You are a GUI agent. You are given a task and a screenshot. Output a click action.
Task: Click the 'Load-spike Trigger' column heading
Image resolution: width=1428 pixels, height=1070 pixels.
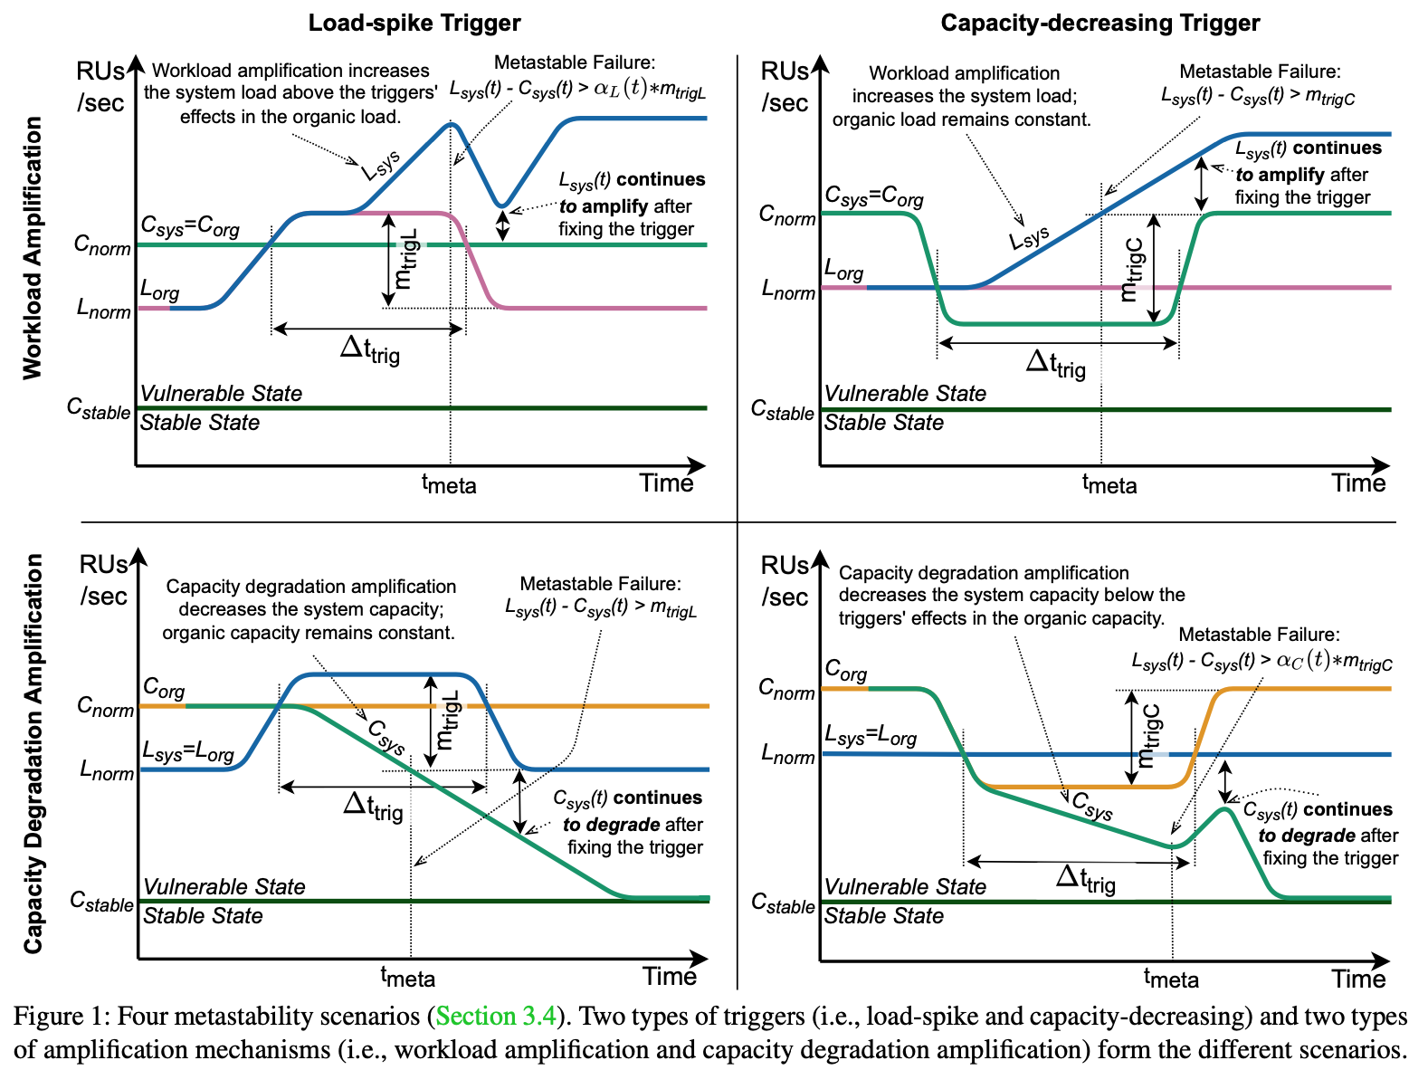pyautogui.click(x=414, y=23)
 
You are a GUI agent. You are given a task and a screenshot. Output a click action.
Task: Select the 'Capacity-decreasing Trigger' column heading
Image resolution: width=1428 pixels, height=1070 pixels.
pyautogui.click(x=1100, y=23)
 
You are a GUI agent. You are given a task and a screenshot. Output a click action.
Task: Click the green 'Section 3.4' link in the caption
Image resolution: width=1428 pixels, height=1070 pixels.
pyautogui.click(x=496, y=1016)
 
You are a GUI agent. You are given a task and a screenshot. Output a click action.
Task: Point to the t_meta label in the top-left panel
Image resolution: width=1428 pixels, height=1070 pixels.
pyautogui.click(x=449, y=484)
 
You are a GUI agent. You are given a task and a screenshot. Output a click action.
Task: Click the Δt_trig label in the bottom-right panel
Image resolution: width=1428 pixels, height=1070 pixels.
pyautogui.click(x=1085, y=878)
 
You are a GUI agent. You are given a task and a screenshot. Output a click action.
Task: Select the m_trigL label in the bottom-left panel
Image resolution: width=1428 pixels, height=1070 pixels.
pyautogui.click(x=448, y=721)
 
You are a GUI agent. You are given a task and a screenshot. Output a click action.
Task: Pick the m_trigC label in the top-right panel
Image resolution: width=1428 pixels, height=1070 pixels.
pyautogui.click(x=1132, y=269)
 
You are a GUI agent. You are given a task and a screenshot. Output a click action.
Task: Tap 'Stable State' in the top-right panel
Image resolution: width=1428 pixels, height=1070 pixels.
pyautogui.click(x=883, y=423)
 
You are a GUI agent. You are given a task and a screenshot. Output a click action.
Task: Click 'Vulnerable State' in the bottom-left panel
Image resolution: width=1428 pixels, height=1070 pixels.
pyautogui.click(x=224, y=886)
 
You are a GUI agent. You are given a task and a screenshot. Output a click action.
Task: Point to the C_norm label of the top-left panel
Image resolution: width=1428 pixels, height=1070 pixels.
pyautogui.click(x=102, y=245)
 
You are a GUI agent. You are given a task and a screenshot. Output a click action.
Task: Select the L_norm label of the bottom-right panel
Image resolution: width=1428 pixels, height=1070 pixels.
pyautogui.click(x=787, y=754)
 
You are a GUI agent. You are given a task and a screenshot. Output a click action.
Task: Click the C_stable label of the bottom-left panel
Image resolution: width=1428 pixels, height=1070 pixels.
pyautogui.click(x=101, y=903)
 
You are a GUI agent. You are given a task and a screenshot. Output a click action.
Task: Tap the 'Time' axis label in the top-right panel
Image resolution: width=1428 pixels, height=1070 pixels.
pyautogui.click(x=1357, y=483)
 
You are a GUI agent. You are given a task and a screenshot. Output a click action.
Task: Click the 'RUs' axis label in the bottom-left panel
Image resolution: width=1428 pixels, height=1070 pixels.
pyautogui.click(x=103, y=565)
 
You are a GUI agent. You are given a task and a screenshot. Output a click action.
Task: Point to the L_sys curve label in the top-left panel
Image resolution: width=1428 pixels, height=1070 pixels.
pyautogui.click(x=381, y=165)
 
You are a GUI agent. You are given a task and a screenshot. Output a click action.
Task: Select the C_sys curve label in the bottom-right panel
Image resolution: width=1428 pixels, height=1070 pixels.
pyautogui.click(x=1092, y=805)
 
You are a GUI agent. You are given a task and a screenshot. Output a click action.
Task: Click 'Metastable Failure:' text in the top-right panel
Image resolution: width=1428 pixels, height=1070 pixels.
pyautogui.click(x=1260, y=72)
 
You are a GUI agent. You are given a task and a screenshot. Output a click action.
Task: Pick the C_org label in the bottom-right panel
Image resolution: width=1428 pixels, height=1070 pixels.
pyautogui.click(x=845, y=671)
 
